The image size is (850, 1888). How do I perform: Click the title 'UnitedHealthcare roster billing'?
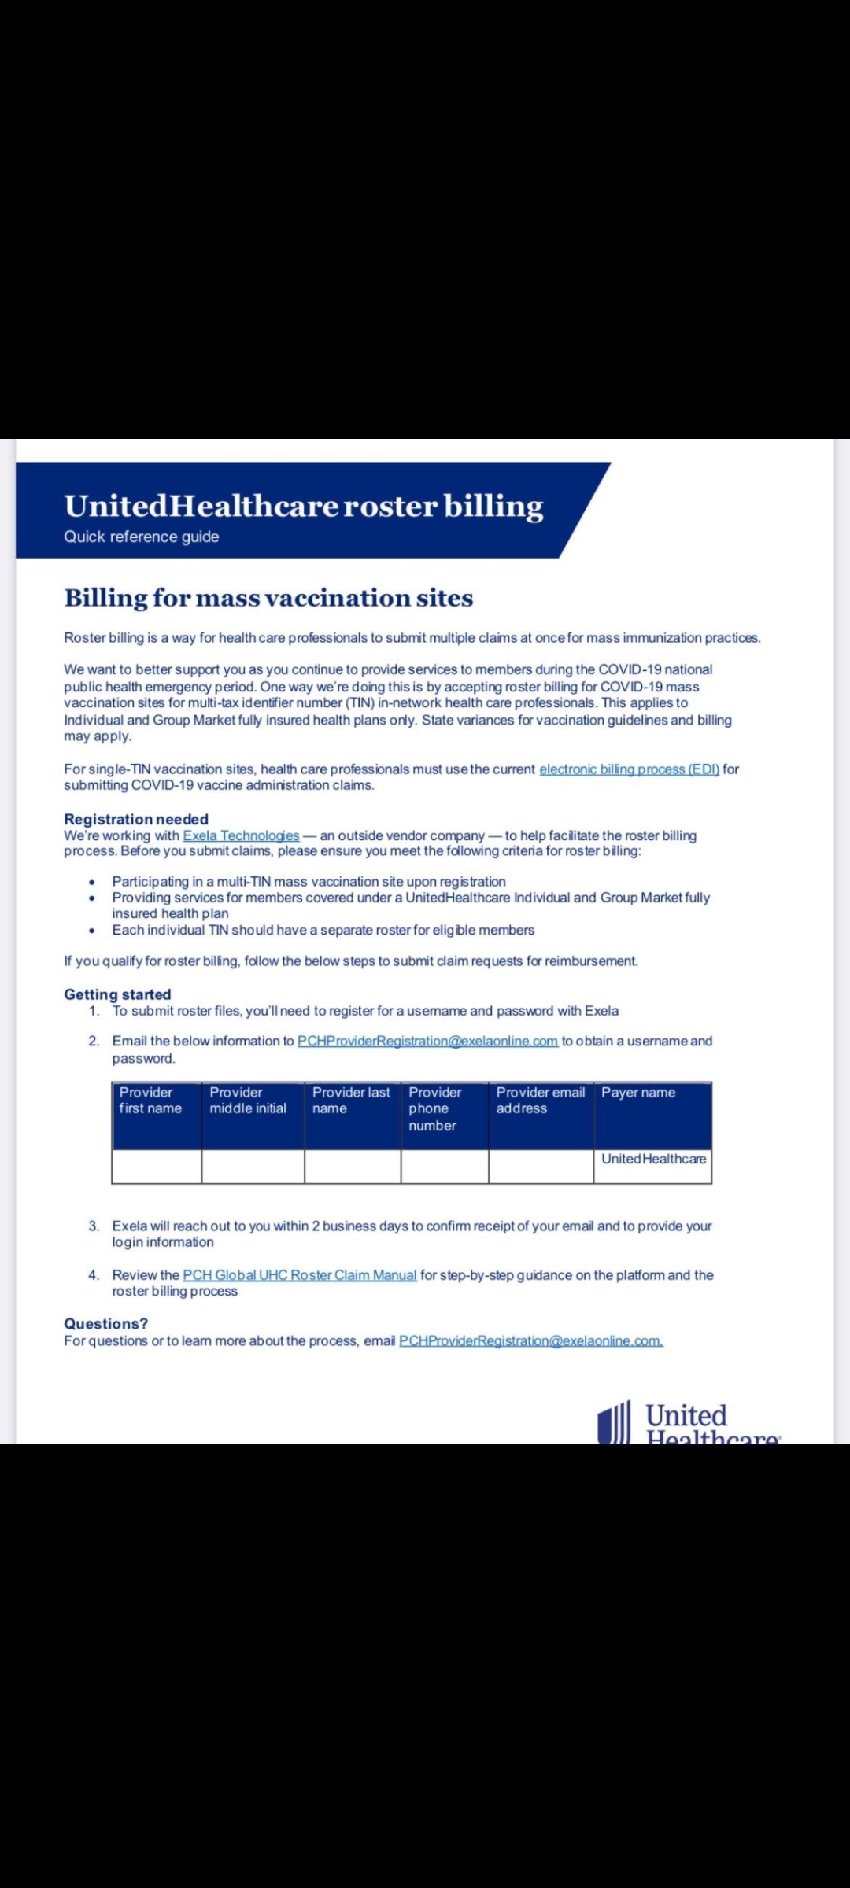304,506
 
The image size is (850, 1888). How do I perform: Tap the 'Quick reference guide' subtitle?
142,537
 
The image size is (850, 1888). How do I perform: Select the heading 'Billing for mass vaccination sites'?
268,598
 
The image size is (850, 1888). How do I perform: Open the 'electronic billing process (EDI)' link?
629,769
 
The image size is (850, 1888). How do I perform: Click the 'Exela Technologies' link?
241,835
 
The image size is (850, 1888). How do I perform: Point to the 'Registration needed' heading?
136,819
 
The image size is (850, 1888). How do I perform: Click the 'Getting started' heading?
117,994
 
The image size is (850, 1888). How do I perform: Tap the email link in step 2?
427,1041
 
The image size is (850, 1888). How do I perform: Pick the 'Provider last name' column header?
352,1101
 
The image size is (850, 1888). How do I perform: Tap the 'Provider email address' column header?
541,1101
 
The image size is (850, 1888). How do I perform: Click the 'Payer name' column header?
638,1093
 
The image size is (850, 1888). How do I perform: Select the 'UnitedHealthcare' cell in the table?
653,1159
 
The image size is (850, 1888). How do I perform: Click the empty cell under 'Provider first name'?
157,1167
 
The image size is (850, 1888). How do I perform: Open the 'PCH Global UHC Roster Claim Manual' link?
300,1275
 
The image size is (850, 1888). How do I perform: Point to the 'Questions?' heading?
105,1324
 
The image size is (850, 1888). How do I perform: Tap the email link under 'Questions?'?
531,1341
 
